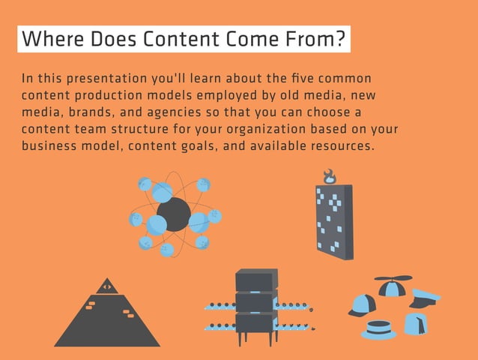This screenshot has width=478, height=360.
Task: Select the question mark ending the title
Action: click(341, 40)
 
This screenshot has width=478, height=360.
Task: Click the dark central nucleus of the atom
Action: click(173, 214)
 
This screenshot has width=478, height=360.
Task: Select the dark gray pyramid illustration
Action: click(106, 319)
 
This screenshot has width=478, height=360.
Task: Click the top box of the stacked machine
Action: click(256, 280)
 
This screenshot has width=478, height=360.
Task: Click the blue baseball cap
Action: click(361, 304)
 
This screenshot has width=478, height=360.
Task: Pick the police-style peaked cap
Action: click(425, 298)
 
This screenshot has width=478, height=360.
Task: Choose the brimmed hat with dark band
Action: click(378, 328)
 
